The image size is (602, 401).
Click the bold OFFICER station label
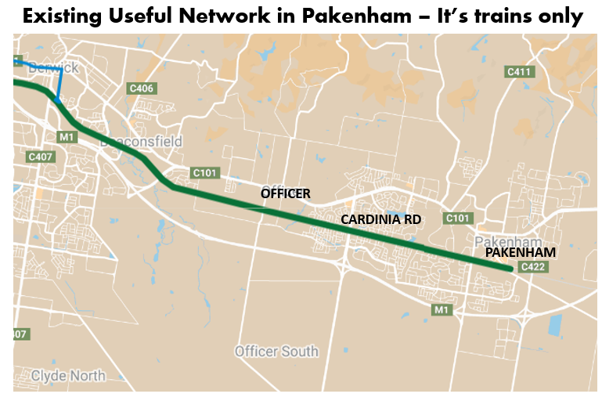(x=286, y=193)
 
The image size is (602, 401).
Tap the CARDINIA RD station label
(x=381, y=220)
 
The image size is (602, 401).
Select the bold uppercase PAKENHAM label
(x=521, y=253)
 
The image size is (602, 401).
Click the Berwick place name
(x=53, y=68)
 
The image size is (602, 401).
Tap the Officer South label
(x=276, y=351)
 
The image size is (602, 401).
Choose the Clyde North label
(x=67, y=376)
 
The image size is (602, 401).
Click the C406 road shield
(x=141, y=89)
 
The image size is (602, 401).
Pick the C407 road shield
(x=40, y=157)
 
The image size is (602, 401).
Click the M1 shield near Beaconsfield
(x=66, y=137)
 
